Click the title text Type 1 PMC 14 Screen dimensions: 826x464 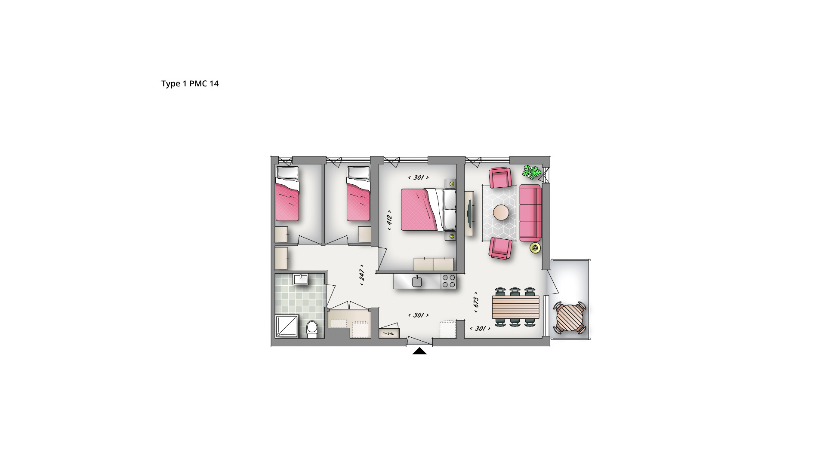tap(190, 84)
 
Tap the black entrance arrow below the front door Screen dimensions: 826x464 tap(419, 351)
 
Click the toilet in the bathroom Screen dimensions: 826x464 tap(312, 329)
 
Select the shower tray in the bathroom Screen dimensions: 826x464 tap(287, 326)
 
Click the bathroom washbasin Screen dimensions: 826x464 tap(300, 279)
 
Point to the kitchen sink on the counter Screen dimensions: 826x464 tap(417, 281)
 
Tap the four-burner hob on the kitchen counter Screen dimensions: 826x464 tap(449, 281)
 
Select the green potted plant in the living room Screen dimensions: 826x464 tap(531, 172)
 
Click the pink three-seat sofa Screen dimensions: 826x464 tap(530, 213)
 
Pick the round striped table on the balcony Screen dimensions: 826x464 tap(570, 317)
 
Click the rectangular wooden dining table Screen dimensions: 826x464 tap(515, 307)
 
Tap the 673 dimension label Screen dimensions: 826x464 tap(476, 302)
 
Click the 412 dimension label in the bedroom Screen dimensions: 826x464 tap(389, 220)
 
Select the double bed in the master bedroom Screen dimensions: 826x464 tap(428, 210)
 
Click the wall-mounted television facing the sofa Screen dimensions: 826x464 tap(470, 213)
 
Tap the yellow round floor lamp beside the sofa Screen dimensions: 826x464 tap(535, 247)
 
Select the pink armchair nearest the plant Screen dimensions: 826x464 tap(500, 177)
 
